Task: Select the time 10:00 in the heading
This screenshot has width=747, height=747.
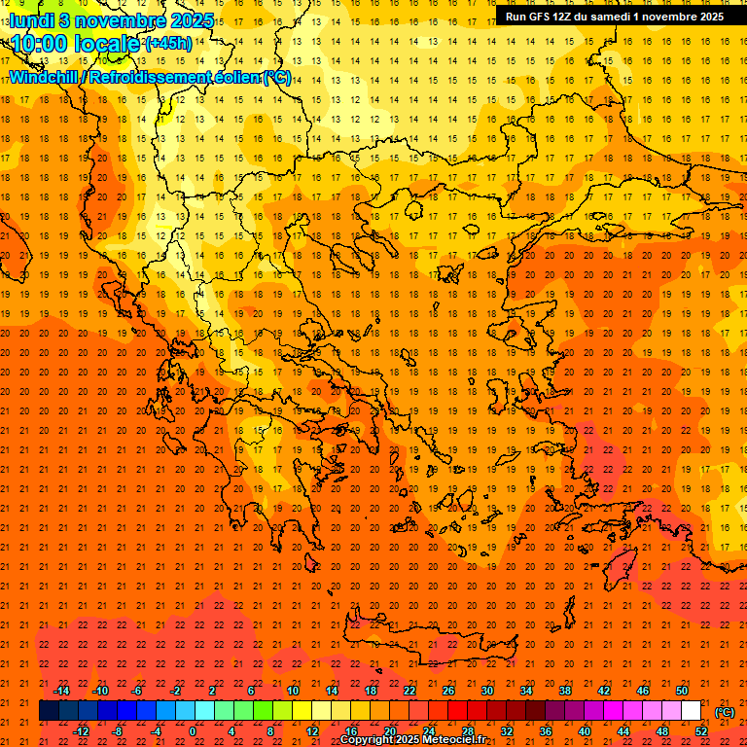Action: click(39, 45)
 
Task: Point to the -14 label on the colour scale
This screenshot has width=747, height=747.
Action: click(61, 691)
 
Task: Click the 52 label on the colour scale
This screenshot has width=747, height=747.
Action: click(700, 731)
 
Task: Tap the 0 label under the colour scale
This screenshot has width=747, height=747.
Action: click(194, 731)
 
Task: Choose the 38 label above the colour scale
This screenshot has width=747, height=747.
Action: click(564, 691)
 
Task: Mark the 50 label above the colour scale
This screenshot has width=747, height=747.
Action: click(682, 691)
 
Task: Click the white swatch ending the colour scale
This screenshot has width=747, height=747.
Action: click(692, 711)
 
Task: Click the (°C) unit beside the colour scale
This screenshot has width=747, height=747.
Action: click(725, 712)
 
